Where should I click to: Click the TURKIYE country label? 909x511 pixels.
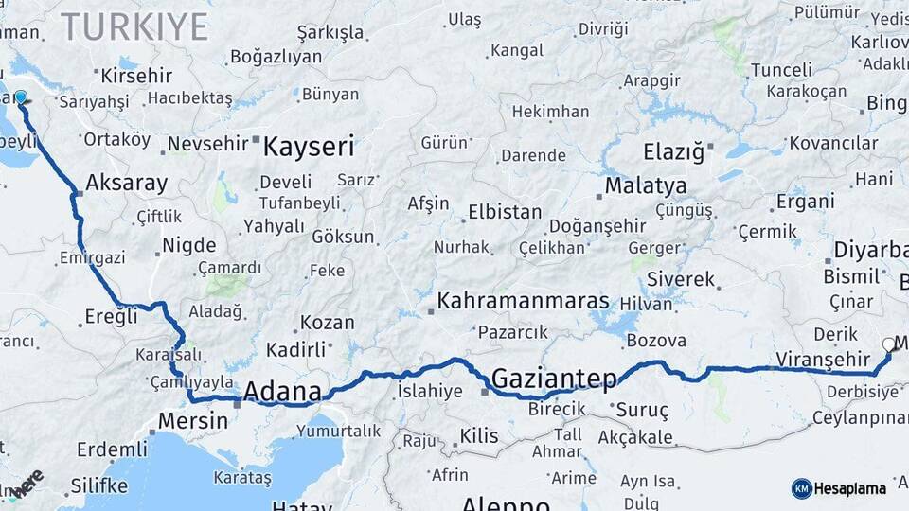134,26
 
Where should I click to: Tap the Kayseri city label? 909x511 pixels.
309,147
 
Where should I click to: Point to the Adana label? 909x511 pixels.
282,391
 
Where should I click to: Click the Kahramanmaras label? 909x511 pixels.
523,301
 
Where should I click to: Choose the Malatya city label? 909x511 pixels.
646,185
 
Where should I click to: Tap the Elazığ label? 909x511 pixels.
674,151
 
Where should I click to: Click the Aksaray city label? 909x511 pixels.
126,183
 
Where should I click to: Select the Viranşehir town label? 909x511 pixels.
822,359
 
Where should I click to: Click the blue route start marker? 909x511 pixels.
20,97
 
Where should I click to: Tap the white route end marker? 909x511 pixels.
888,344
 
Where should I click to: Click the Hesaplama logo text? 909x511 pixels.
849,488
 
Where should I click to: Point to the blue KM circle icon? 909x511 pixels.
801,488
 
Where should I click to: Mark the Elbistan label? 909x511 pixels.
505,212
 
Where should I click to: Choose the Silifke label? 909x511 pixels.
98,486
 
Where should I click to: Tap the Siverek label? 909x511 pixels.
681,279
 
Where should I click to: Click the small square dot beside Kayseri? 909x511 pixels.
256,141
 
